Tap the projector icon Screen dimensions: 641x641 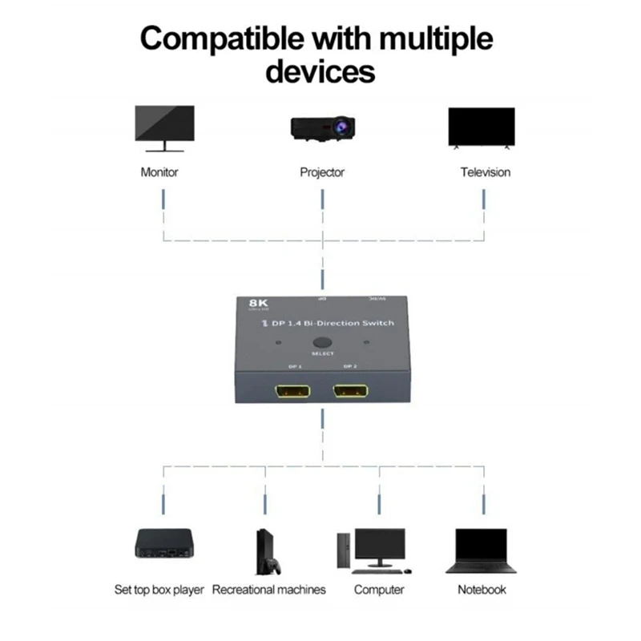[x=322, y=128]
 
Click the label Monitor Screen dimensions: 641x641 [x=159, y=172]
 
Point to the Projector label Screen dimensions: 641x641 [x=322, y=172]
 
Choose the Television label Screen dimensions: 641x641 [x=485, y=172]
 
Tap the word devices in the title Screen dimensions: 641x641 [x=320, y=72]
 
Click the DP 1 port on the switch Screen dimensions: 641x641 [x=295, y=393]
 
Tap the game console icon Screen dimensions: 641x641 [x=267, y=551]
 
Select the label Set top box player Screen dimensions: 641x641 [x=159, y=590]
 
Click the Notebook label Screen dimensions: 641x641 [x=482, y=590]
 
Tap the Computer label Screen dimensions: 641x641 [x=379, y=590]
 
